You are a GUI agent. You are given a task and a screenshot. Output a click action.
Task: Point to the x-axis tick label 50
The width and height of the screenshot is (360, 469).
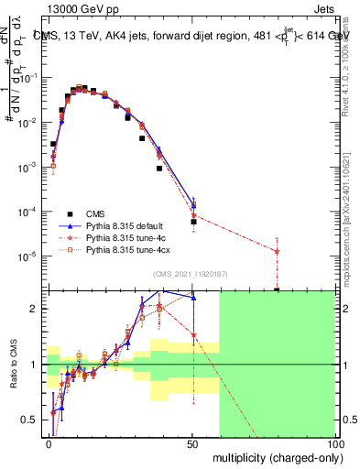192,445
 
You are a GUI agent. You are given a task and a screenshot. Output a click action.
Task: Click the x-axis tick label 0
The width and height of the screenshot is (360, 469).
49,445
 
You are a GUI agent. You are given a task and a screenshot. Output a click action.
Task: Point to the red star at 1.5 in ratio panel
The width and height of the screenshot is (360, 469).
193,336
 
